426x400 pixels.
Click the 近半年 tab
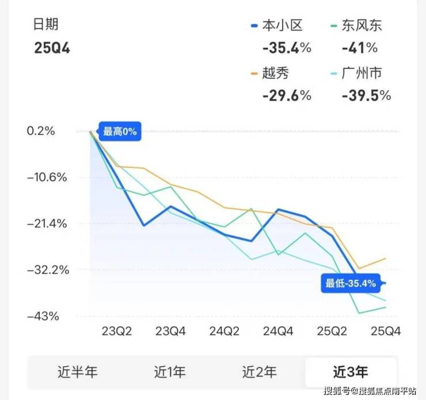pos(78,372)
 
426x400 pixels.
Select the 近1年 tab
pos(170,372)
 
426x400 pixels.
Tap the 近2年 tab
pos(260,372)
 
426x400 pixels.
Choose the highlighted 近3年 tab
pos(351,372)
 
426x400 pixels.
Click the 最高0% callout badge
pos(120,132)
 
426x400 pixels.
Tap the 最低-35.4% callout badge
pos(350,283)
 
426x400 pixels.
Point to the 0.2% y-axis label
pos(41,131)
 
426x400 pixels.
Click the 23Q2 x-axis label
pos(117,332)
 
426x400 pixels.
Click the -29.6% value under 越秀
pos(287,96)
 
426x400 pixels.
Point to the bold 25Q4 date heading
pos(52,48)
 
